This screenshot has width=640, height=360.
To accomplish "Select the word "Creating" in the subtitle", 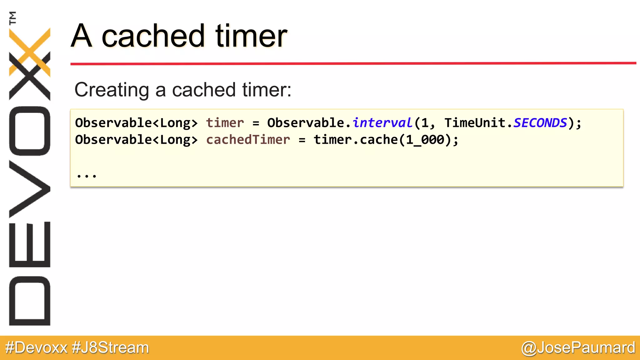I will coord(111,90).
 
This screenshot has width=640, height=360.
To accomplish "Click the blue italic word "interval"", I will coord(382,123).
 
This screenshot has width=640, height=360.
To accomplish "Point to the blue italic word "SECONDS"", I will coord(540,123).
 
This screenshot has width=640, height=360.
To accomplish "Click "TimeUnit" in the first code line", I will coord(475,123).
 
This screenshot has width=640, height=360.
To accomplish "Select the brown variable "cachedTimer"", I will coord(248,140).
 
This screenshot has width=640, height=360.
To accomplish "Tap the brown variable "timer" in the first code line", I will coord(225,123).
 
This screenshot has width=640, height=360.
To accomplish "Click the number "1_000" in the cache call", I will coord(425,140).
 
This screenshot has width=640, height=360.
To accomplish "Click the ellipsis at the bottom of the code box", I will coord(87,176).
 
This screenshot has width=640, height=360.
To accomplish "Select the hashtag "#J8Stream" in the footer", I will coord(110,347).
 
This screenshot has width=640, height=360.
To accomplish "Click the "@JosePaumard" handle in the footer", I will coord(578,347).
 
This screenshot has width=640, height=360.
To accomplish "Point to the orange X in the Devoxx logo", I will coord(30,52).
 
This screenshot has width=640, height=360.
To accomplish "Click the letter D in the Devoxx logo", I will coord(30,301).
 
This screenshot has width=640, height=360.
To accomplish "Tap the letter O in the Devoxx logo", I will coord(30,131).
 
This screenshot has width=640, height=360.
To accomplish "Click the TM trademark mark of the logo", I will coord(13,18).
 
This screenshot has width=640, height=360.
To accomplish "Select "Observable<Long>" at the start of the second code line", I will coord(136,140).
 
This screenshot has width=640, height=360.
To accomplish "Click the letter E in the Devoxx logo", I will coord(30,244).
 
